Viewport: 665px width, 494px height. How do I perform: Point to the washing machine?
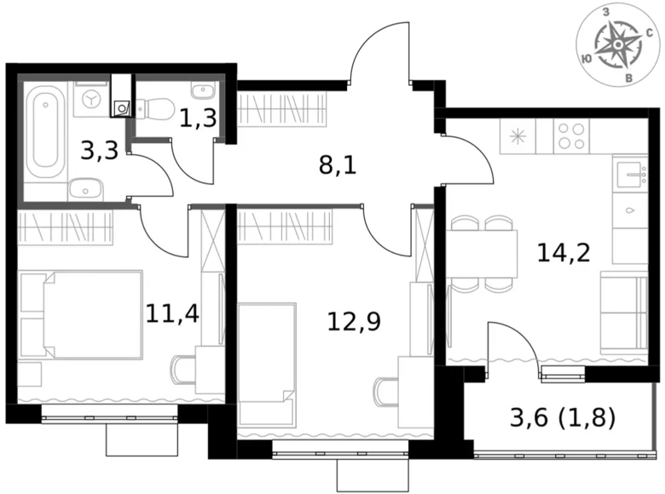pyautogui.click(x=90, y=100)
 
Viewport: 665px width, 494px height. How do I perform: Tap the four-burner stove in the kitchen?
pyautogui.click(x=571, y=136)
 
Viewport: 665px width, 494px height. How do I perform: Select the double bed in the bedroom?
pyautogui.click(x=80, y=315)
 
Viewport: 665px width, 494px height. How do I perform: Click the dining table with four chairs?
pyautogui.click(x=481, y=254)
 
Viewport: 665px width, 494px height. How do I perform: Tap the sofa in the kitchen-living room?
pyautogui.click(x=623, y=313)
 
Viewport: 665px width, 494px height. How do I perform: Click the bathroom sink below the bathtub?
pyautogui.click(x=84, y=189)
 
